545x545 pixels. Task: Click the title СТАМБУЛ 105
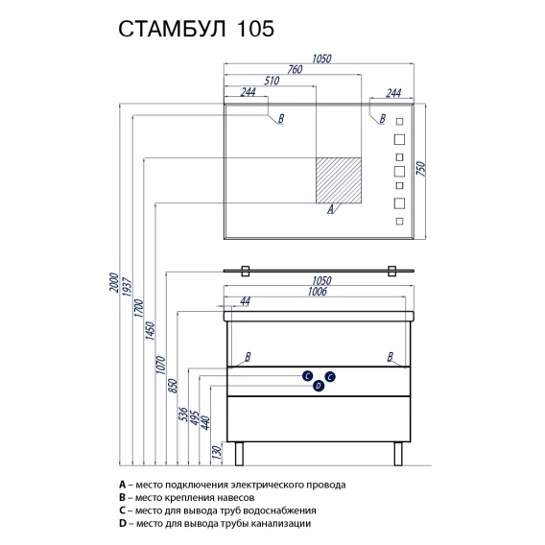[x=196, y=29]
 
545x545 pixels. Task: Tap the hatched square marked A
[x=339, y=180]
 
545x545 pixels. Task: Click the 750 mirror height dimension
[x=421, y=169]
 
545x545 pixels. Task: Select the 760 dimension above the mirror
[x=295, y=69]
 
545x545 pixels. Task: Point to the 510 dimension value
[x=272, y=81]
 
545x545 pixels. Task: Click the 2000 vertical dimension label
[x=114, y=283]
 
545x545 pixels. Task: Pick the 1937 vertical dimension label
[x=128, y=287]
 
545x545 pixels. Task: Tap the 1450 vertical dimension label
[x=150, y=330]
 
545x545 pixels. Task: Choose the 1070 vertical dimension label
[x=160, y=365]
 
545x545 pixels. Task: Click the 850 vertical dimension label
[x=173, y=386]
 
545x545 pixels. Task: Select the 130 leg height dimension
[x=216, y=452]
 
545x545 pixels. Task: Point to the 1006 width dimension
[x=318, y=292]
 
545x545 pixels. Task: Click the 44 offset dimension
[x=245, y=301]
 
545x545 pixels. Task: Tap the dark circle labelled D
[x=319, y=386]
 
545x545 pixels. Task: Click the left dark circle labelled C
[x=307, y=376]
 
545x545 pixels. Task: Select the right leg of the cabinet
[x=398, y=454]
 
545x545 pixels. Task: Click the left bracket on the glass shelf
[x=246, y=272]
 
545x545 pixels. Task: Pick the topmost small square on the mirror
[x=400, y=121]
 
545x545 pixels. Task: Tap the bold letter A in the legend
[x=122, y=485]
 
